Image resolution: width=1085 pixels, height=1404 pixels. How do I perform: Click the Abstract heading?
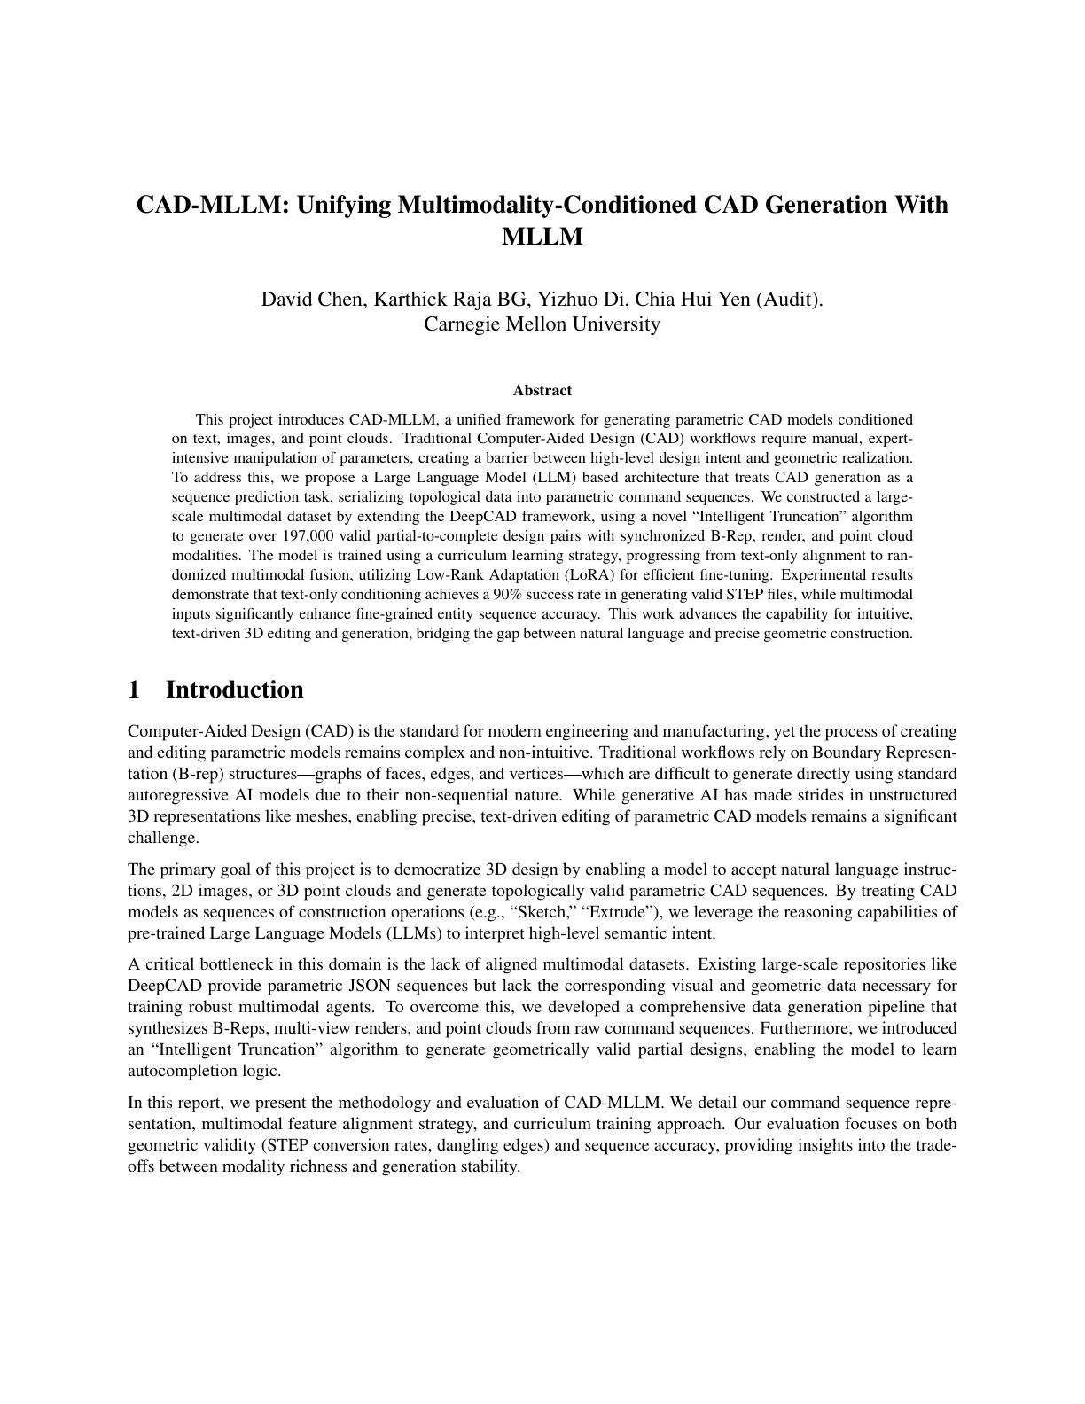click(x=542, y=390)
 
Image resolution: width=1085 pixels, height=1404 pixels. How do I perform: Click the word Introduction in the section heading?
click(x=234, y=690)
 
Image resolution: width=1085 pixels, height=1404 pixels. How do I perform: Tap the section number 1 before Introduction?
click(x=134, y=690)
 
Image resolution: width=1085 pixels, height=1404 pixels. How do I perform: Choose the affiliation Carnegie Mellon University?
click(x=542, y=324)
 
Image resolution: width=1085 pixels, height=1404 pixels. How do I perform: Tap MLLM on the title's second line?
click(x=542, y=238)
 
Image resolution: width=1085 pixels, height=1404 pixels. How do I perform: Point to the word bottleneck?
click(x=220, y=964)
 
